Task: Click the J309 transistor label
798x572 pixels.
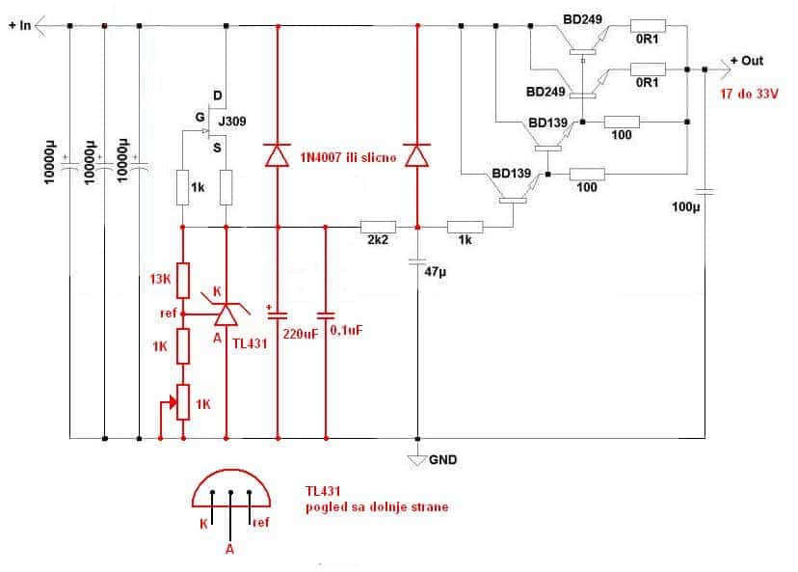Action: tap(232, 122)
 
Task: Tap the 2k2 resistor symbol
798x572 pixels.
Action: tap(378, 228)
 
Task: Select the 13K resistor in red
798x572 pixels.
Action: tap(183, 281)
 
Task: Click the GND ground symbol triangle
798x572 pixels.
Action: tap(416, 460)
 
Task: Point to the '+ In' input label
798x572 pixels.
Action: tap(20, 25)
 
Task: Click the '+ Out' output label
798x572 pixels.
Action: tap(747, 61)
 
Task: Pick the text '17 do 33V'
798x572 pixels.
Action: tap(749, 94)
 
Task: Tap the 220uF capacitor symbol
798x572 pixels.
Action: tap(278, 314)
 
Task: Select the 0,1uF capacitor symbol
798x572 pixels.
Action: tap(326, 315)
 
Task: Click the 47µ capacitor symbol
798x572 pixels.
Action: tap(417, 261)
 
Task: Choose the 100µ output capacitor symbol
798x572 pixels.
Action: tap(705, 192)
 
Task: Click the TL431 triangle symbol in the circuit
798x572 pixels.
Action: tap(226, 314)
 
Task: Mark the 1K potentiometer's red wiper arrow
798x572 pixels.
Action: tap(168, 403)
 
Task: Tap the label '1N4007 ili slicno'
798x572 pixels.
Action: tap(348, 157)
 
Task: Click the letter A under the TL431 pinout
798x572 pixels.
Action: tap(230, 549)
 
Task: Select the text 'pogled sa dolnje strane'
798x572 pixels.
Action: tap(377, 507)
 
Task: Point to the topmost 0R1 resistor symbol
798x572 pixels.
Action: tap(648, 25)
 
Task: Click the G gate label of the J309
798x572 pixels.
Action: tap(200, 117)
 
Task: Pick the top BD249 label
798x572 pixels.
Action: tap(582, 19)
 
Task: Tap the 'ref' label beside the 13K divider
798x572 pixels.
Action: tap(169, 313)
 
